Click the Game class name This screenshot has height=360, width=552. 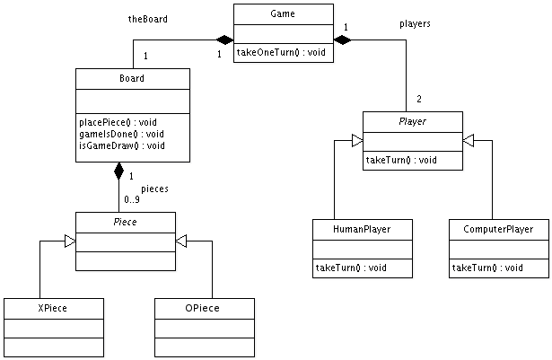coord(283,14)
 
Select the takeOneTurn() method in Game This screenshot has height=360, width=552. coord(280,53)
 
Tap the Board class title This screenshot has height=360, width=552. coord(133,78)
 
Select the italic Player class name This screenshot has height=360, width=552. coord(412,121)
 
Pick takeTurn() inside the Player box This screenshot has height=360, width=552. coord(401,160)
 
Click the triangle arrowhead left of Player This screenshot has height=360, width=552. coord(357,141)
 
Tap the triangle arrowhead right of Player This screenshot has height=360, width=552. coord(469,141)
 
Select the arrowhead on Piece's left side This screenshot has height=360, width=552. coord(70,241)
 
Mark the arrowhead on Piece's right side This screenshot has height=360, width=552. coord(181,241)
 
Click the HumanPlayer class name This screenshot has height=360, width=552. coord(362,229)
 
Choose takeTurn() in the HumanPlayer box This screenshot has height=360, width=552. coord(351,268)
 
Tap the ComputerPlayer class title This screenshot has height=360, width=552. coord(498,229)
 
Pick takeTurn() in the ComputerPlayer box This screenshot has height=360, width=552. coord(487,268)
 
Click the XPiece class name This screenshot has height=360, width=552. coord(53,308)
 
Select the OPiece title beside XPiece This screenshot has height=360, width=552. coord(204,308)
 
